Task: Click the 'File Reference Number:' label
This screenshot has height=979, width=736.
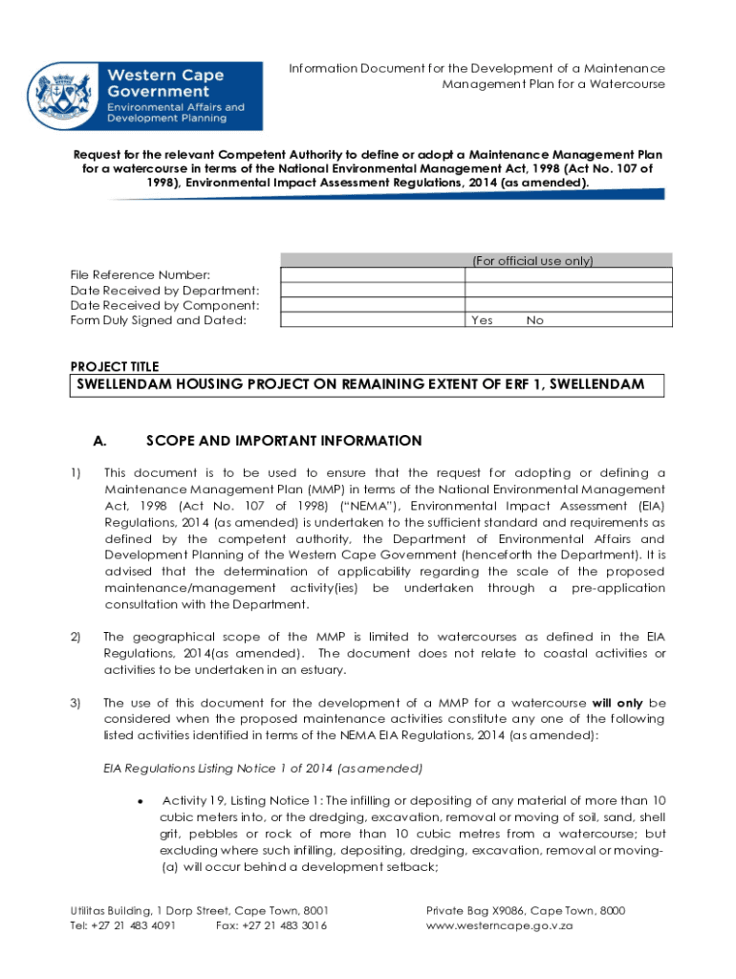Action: coord(141,275)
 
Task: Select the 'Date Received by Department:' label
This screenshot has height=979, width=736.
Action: coord(164,291)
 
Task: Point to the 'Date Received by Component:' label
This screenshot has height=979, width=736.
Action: coord(164,305)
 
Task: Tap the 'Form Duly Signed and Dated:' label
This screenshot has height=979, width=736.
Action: coord(159,320)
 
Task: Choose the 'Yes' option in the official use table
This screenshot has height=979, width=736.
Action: coord(482,320)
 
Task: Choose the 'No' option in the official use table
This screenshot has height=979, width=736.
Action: coord(534,320)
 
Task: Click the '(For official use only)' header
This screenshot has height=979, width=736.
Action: coord(532,260)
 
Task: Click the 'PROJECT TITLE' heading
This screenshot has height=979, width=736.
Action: coord(115,366)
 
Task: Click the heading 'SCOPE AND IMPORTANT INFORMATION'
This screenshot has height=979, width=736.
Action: coord(283,441)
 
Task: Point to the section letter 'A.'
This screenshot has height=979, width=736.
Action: coord(98,441)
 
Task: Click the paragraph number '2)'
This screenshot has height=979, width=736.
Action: coord(76,637)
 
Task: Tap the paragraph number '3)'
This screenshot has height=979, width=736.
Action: coord(76,703)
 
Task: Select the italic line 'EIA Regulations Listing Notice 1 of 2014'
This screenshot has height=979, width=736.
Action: coord(262,768)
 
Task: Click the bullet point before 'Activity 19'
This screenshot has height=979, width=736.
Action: coord(141,800)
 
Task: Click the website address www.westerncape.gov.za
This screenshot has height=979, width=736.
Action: coord(498,926)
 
